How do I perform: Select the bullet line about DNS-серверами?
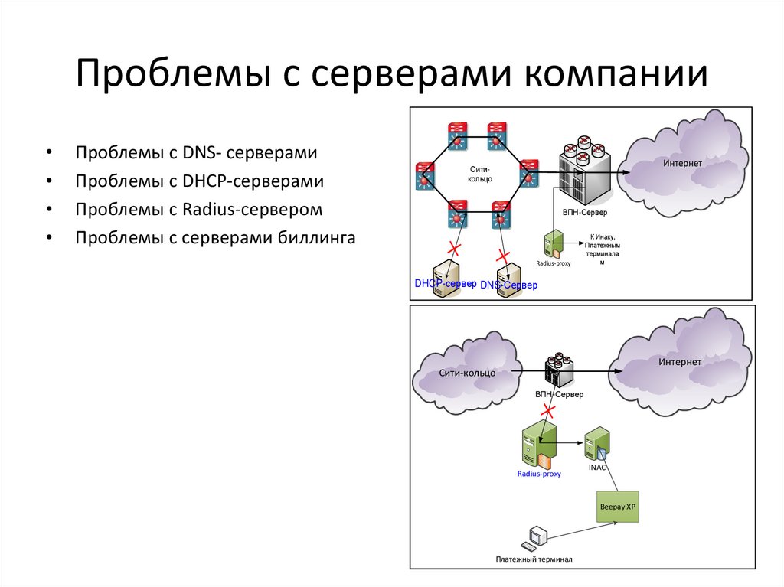196,153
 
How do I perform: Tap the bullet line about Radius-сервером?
198,210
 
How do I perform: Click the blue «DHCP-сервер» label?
446,283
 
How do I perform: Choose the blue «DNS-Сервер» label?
509,285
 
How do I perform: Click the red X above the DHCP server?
454,249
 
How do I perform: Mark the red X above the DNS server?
503,254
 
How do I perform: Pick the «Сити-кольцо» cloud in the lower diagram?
465,373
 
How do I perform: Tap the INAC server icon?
596,444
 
